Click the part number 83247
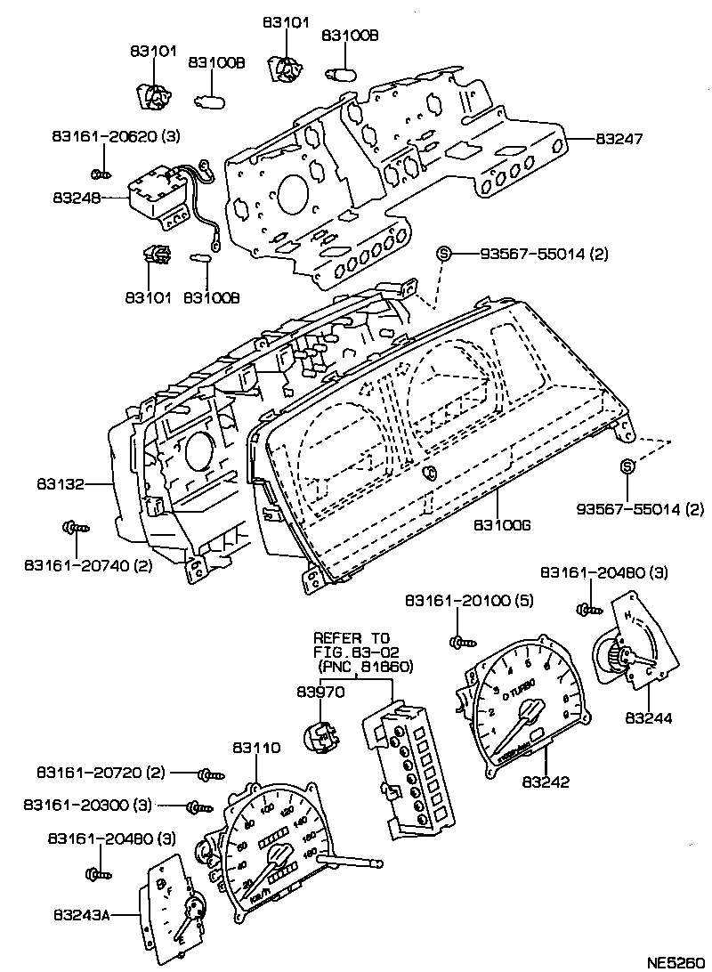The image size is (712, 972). [x=619, y=140]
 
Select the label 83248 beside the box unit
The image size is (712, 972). [x=76, y=198]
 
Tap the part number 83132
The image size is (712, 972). [x=61, y=485]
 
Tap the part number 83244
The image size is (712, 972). [x=650, y=717]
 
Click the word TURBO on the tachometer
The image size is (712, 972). [x=520, y=687]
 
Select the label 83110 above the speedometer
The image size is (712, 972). [x=256, y=748]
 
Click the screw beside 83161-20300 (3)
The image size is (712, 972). [x=198, y=807]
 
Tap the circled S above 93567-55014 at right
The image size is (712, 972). [x=627, y=467]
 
